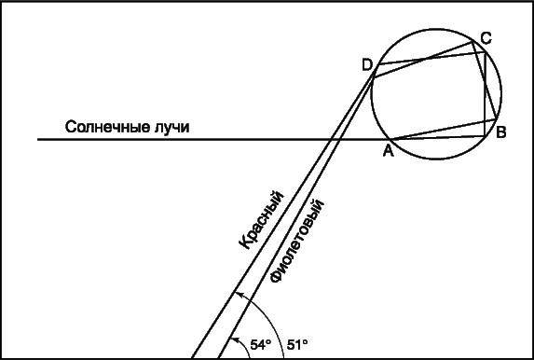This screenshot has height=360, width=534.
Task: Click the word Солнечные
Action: tap(107, 127)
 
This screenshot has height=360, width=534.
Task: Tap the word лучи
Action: tap(171, 128)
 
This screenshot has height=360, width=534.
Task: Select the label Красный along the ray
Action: tap(261, 220)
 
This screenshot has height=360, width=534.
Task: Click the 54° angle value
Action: tap(261, 345)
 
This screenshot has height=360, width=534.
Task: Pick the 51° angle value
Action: tap(297, 345)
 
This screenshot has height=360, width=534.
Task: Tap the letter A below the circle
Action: tap(389, 151)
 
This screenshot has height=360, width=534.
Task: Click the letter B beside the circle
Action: tap(501, 132)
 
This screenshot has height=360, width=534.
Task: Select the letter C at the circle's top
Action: tap(486, 38)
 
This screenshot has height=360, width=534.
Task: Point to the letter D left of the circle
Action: tap(367, 64)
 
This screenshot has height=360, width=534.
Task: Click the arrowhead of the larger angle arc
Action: tap(240, 294)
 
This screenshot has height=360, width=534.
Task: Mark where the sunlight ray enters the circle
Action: tap(391, 139)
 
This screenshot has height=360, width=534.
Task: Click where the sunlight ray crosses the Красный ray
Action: tap(331, 139)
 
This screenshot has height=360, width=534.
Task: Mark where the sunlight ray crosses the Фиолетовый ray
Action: tap(339, 139)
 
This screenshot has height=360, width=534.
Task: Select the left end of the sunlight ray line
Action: tap(38, 139)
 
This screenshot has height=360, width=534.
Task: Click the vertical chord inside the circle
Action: tap(485, 94)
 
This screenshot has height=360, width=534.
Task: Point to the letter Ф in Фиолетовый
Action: tap(275, 277)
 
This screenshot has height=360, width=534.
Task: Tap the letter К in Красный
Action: tap(244, 242)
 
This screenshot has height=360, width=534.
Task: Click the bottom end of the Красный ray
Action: tap(193, 358)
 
